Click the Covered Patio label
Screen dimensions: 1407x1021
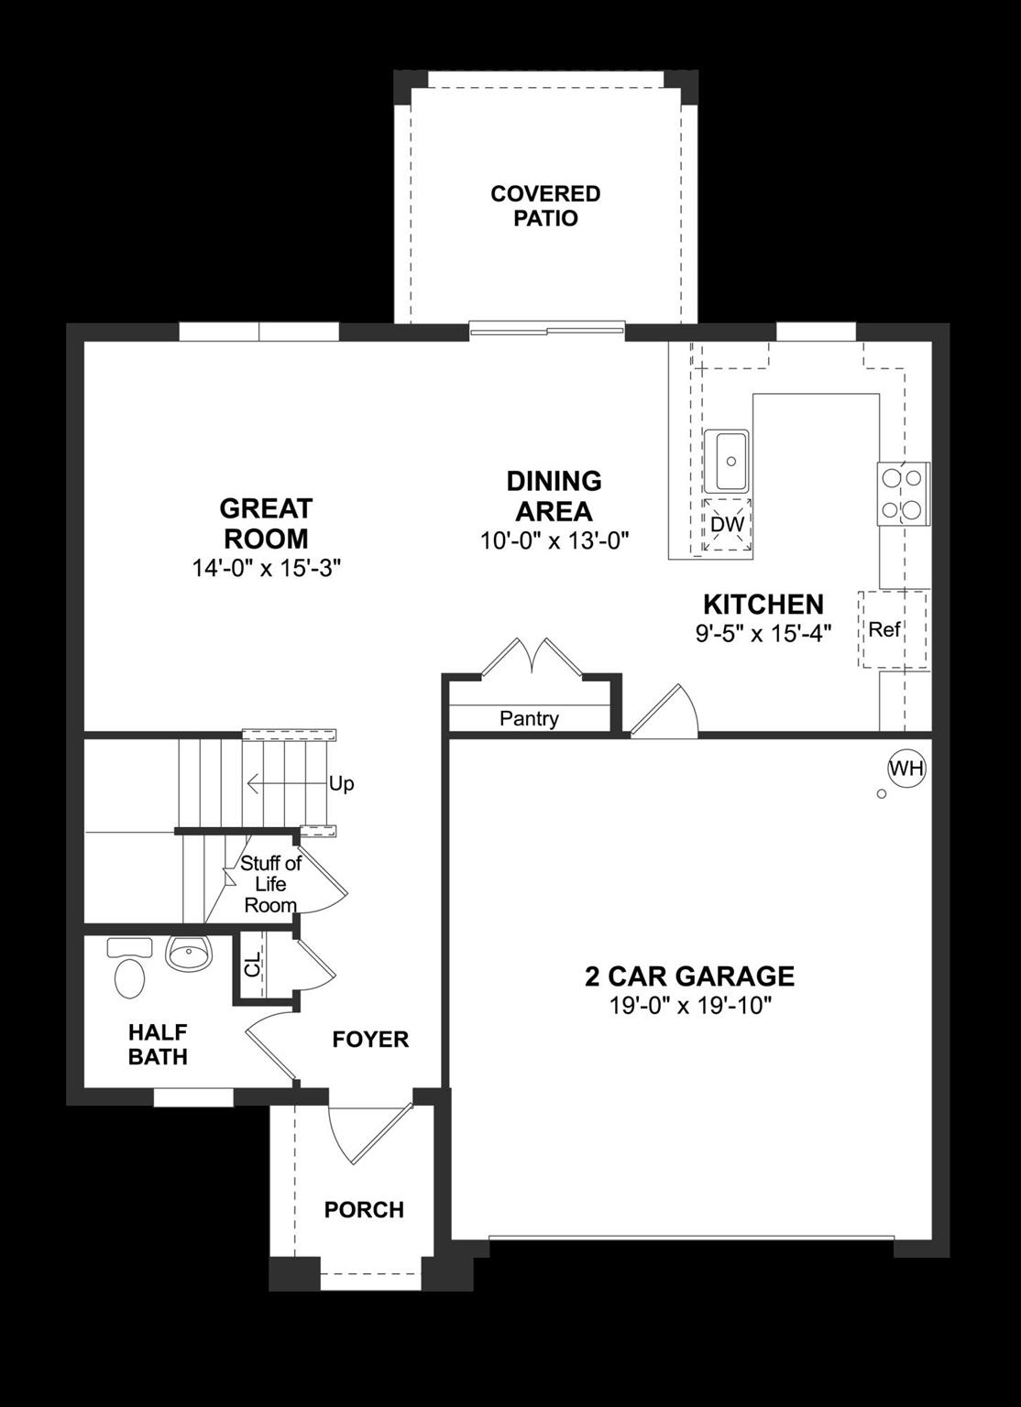[545, 206]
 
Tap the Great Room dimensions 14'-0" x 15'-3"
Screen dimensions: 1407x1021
[266, 568]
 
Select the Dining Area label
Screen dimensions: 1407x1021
[554, 496]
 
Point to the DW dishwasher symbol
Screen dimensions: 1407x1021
[728, 525]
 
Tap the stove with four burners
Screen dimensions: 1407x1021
[903, 494]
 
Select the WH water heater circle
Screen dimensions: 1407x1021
[906, 768]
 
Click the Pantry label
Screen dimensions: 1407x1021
[529, 719]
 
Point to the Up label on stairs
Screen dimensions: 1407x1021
[341, 784]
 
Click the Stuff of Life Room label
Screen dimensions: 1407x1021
[270, 884]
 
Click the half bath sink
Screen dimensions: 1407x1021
[189, 954]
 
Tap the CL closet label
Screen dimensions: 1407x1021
[253, 962]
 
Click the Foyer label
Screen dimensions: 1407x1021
[370, 1040]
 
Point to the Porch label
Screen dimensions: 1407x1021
[364, 1210]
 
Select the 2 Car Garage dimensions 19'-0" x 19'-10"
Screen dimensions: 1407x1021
[690, 1006]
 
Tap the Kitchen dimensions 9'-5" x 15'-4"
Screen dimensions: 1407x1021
[763, 633]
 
